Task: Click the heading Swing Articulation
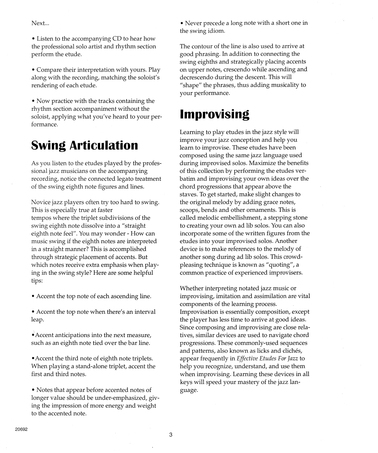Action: [x=84, y=145]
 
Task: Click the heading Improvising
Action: [x=214, y=114]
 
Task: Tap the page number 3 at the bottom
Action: [x=171, y=435]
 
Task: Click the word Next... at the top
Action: [x=40, y=23]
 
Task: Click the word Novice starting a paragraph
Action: [x=40, y=202]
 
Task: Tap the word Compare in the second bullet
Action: [x=48, y=70]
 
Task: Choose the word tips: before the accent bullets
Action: [x=37, y=280]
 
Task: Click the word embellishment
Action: [x=240, y=218]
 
